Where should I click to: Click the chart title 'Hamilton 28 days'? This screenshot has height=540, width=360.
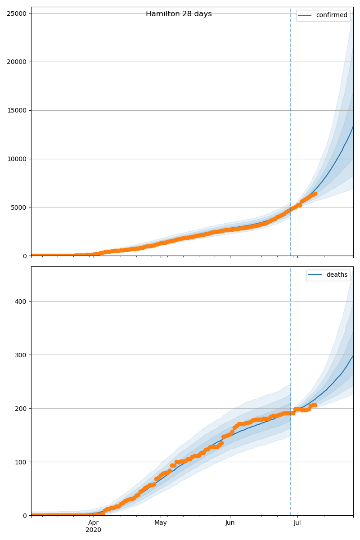(179, 14)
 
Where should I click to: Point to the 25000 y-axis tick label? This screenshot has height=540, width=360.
(16, 13)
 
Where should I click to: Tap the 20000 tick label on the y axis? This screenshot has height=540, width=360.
(16, 62)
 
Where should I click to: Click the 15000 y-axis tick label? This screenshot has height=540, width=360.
(16, 110)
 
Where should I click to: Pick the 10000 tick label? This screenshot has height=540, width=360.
(16, 159)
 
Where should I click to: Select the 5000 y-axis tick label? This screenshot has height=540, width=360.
(18, 207)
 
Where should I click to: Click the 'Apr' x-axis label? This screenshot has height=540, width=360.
(93, 523)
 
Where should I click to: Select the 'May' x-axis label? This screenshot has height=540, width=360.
(161, 523)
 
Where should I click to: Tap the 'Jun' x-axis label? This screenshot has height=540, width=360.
(230, 523)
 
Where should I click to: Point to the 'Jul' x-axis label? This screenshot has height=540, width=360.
(297, 523)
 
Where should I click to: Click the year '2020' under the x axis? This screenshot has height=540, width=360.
(93, 530)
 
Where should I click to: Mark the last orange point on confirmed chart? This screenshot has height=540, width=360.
(315, 193)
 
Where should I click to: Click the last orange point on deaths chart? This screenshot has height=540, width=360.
(315, 405)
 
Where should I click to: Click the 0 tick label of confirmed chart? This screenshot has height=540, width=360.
(24, 256)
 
